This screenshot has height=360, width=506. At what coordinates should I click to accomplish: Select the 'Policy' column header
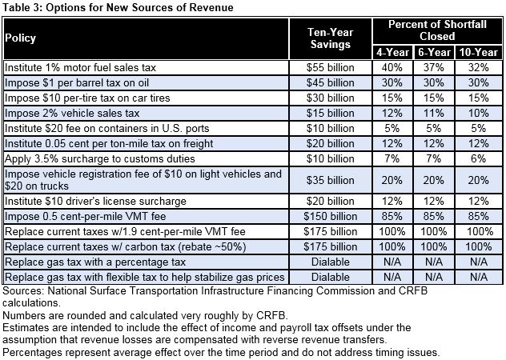click(22, 38)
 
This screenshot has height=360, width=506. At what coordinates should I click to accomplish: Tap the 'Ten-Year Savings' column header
click(330, 38)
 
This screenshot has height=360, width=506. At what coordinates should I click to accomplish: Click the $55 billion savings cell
click(330, 67)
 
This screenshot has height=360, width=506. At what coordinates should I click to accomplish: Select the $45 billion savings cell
click(330, 82)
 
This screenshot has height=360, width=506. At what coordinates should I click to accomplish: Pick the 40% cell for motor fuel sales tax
click(392, 67)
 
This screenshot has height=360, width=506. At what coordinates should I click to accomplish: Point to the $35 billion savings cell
click(330, 180)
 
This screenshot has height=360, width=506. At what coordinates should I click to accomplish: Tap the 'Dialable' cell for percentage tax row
click(330, 261)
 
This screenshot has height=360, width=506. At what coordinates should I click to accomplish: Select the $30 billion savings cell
click(330, 98)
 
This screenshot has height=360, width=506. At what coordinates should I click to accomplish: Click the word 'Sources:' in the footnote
click(25, 291)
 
